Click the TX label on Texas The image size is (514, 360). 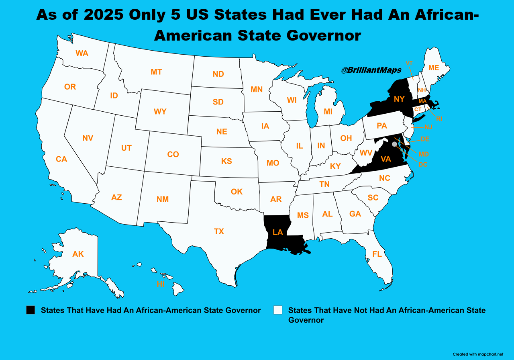[219, 231]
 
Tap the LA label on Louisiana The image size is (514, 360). [277, 232]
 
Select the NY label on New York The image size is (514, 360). [399, 99]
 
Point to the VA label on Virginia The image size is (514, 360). [385, 159]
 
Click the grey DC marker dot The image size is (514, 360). [394, 144]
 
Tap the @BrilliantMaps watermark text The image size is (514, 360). [371, 70]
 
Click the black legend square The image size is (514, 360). [31, 310]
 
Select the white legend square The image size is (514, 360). [278, 310]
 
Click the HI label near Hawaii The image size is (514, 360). [161, 284]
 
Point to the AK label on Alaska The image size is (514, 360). [78, 254]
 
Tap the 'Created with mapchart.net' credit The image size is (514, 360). [477, 354]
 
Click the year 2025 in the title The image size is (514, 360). [103, 15]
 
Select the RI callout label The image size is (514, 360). [439, 119]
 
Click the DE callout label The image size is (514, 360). [425, 139]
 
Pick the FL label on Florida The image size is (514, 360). [377, 254]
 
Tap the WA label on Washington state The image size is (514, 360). [82, 53]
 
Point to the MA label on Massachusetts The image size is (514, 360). [422, 101]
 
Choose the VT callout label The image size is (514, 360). [409, 63]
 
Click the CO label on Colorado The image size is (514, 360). [173, 154]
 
